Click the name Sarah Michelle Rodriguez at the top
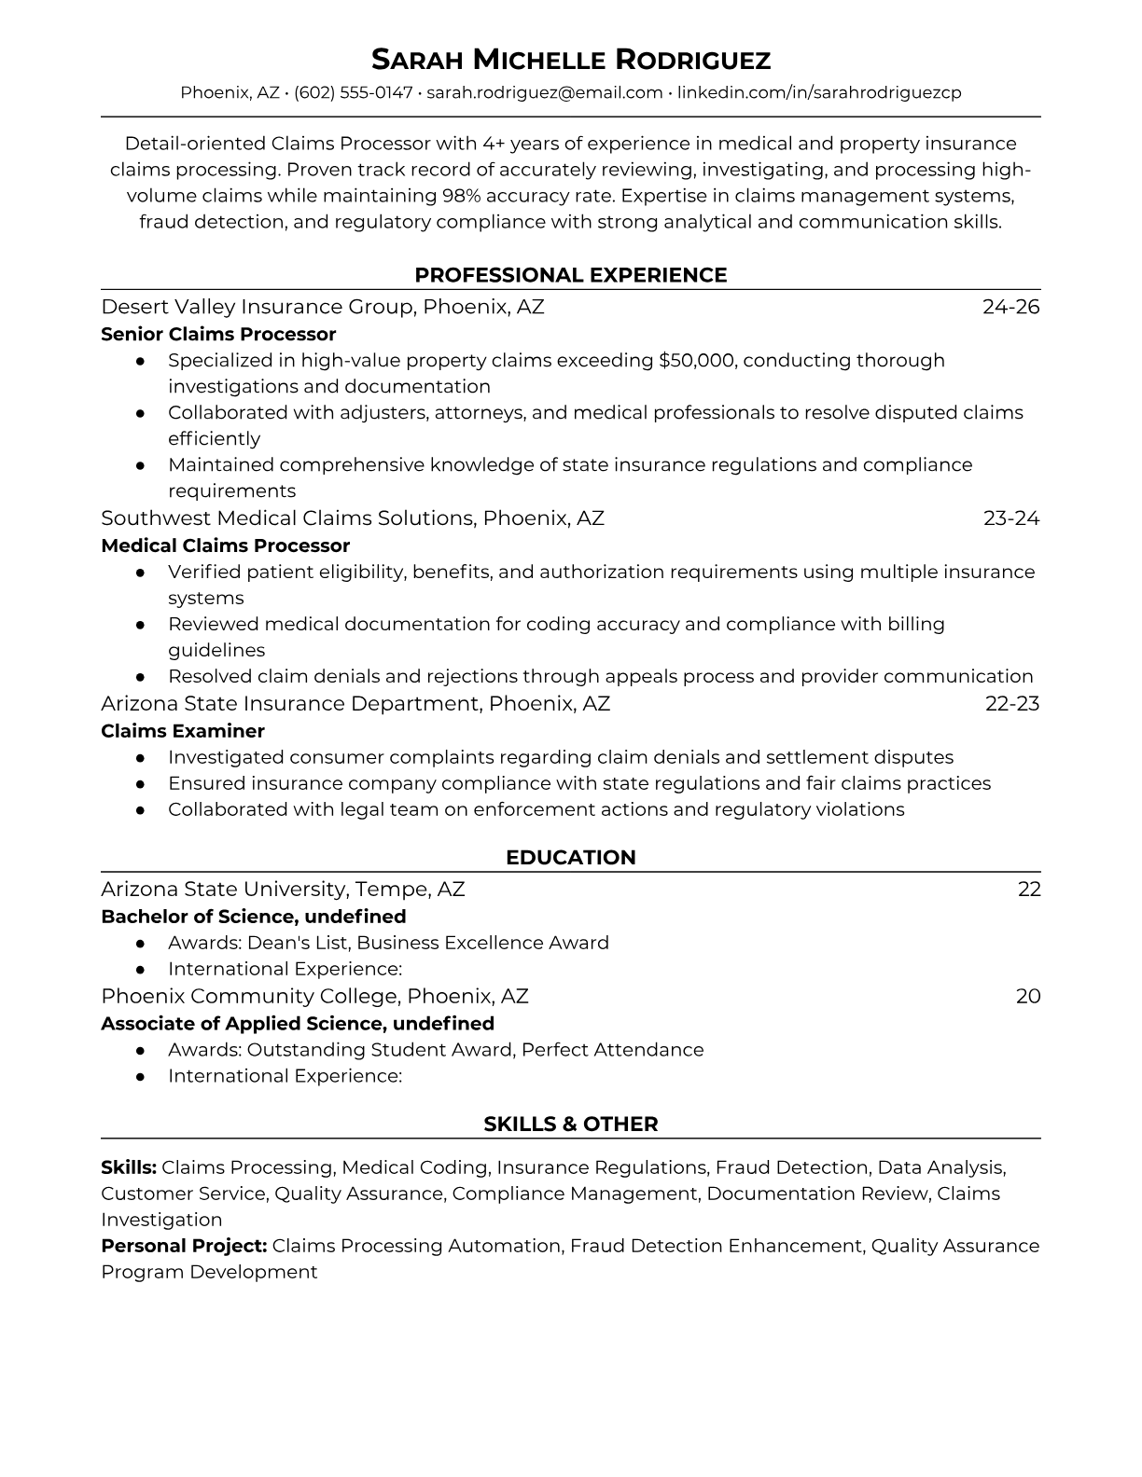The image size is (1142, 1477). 570,61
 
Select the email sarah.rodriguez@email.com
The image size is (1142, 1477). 544,92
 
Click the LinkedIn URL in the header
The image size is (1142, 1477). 818,92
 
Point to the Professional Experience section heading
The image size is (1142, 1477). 570,275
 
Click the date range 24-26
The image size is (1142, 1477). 1010,307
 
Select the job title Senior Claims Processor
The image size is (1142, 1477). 218,334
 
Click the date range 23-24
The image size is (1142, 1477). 1010,518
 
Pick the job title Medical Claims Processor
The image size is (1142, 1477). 225,545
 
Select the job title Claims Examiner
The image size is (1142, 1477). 182,731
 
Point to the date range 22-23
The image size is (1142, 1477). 1011,703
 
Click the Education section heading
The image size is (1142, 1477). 570,858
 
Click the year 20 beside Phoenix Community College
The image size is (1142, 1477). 1027,996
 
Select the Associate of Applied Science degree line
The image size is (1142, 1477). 297,1024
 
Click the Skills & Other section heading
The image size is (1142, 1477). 570,1125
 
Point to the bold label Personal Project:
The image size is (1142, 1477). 184,1246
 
